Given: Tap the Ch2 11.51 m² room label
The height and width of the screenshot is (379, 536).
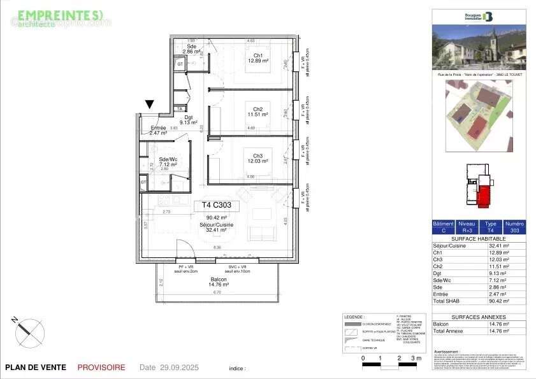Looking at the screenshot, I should (258, 111).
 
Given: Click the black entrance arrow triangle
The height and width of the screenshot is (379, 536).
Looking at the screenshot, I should (150, 105).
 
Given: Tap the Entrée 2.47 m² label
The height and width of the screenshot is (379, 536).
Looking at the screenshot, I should (158, 131).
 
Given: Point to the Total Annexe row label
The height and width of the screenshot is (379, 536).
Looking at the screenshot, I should (447, 331).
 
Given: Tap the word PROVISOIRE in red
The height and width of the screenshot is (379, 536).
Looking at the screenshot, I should (101, 368).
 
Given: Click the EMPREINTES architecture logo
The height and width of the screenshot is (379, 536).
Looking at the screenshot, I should (60, 17).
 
